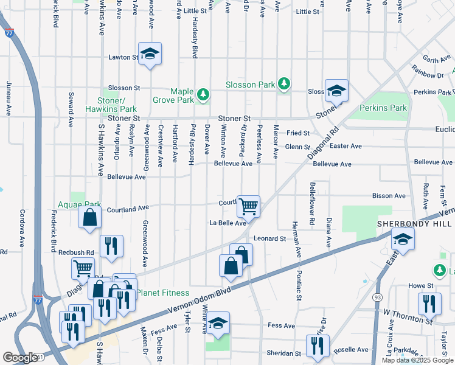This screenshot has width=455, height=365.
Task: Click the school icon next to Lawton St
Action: coord(149,54)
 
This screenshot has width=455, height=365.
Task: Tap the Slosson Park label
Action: coord(250,85)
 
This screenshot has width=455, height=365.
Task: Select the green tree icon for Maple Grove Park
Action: coord(204,94)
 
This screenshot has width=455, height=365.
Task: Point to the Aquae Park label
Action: coord(78,205)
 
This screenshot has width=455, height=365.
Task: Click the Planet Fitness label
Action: coord(159,293)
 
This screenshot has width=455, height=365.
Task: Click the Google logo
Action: coord(20,358)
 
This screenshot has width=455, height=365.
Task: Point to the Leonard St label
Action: coord(269,239)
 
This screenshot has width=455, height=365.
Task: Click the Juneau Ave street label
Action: coord(9,97)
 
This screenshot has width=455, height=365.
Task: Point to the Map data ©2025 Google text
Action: coord(417,360)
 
